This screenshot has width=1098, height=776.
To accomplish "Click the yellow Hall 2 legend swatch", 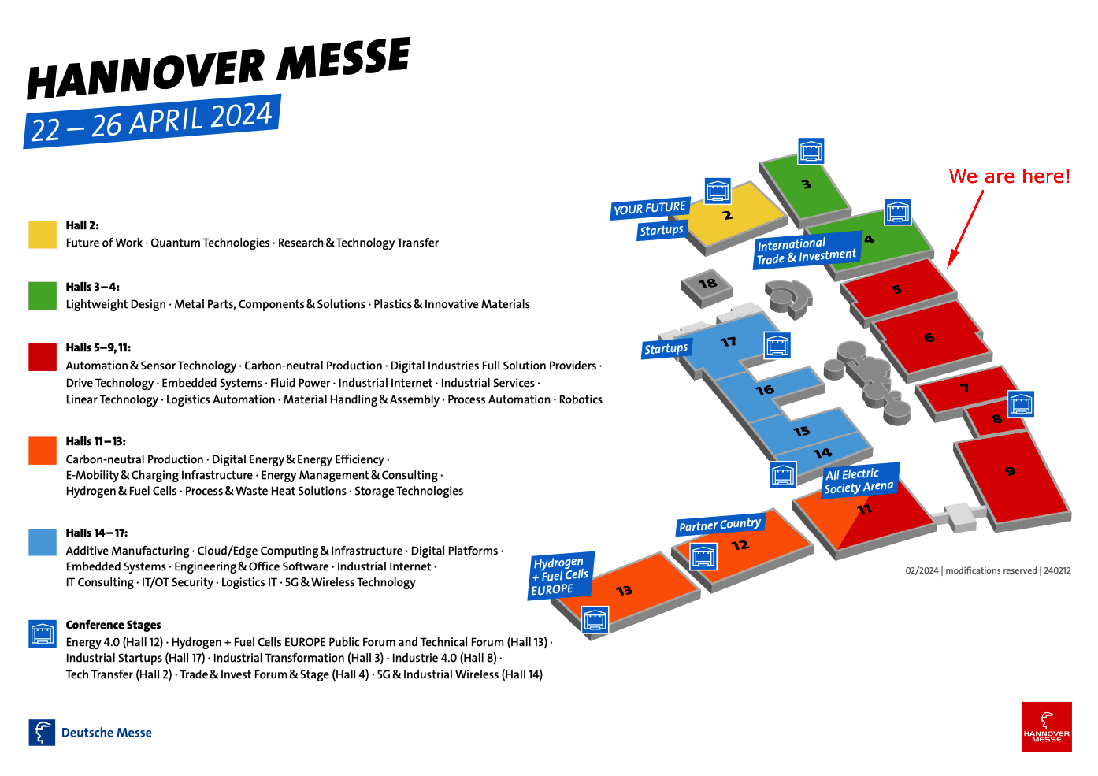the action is (43, 234).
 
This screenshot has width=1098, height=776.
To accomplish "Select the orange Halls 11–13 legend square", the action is (43, 450).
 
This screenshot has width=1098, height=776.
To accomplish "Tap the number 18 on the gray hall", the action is (707, 284).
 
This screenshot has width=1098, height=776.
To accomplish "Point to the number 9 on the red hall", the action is (1010, 471).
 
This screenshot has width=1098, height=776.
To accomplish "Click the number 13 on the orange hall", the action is (624, 590).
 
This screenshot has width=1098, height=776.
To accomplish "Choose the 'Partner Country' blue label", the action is (720, 525).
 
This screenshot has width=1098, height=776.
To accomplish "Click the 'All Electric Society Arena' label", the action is (860, 481).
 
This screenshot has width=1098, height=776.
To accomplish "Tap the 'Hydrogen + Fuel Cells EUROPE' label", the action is (561, 576).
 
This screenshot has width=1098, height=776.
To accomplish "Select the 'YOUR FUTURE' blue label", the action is (650, 208).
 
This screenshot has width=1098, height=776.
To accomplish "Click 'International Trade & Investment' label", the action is (807, 250).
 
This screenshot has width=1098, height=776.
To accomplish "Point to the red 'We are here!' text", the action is (1009, 176).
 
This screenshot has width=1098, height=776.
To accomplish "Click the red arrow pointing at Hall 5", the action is (965, 229).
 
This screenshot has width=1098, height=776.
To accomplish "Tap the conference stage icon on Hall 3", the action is (811, 151).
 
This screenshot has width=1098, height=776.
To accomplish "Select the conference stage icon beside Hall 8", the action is (1021, 404).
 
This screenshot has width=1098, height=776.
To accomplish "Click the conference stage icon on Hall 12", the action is (703, 556).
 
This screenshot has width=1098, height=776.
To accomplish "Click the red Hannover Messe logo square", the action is (1047, 727).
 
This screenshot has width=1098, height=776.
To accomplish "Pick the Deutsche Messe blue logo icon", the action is (42, 733).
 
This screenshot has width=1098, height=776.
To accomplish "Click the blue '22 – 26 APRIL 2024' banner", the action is (152, 121).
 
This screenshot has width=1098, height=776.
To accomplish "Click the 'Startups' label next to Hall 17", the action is (666, 348).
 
